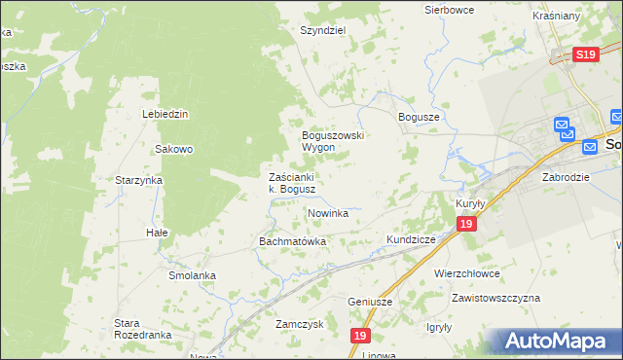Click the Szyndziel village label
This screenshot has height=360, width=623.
click(323, 30)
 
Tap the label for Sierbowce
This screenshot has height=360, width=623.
click(449, 10)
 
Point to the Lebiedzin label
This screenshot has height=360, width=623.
click(165, 114)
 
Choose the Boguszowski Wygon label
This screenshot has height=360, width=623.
click(332, 141)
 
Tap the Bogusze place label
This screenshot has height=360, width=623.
click(420, 116)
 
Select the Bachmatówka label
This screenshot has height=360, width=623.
click(291, 240)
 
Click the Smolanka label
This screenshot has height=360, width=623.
click(191, 275)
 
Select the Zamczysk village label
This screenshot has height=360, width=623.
click(299, 324)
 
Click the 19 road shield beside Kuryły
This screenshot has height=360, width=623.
click(467, 225)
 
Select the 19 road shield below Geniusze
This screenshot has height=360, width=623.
click(361, 336)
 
